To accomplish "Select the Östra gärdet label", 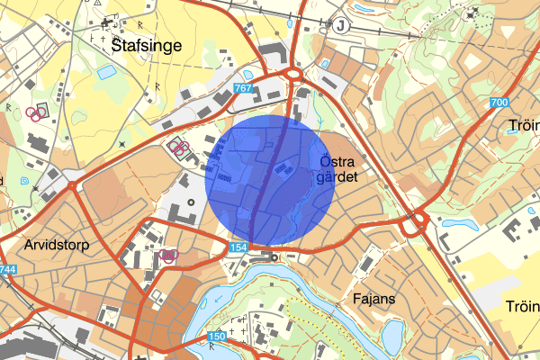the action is [338, 169].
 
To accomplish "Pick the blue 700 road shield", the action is [500, 103].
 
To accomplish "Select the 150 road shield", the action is [217, 337].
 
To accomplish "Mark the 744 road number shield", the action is [8, 269].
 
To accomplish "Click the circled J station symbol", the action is [340, 25].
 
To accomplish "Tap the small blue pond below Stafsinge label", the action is [106, 70].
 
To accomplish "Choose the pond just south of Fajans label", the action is [392, 335].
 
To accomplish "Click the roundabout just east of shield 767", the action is [292, 75].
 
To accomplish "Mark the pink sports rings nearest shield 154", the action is [167, 256].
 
